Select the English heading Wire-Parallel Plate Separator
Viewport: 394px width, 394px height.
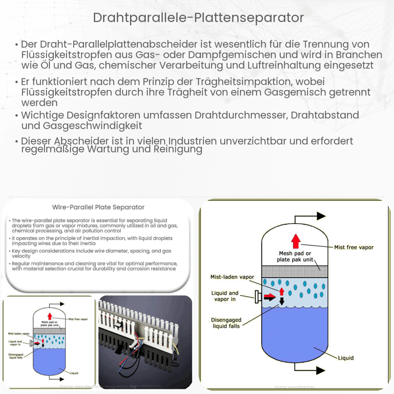(98, 207)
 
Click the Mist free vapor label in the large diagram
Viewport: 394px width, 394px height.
(353, 247)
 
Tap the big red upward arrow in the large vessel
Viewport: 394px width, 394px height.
(296, 241)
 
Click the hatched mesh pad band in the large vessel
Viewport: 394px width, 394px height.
(295, 271)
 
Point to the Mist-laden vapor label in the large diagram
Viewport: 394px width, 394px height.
(232, 277)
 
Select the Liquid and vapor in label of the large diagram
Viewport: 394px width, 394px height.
(225, 296)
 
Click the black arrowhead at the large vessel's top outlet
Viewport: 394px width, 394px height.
(321, 216)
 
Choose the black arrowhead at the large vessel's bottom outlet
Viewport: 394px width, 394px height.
(320, 370)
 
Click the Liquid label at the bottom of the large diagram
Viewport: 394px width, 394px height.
(346, 358)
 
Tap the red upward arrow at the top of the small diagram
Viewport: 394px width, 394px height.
(50, 316)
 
